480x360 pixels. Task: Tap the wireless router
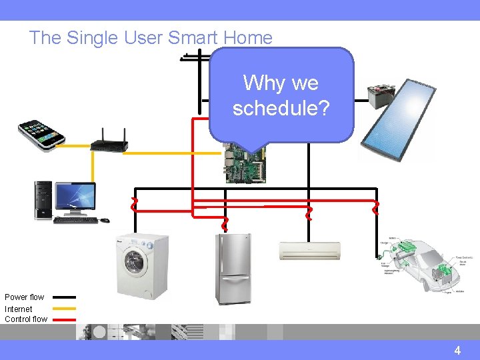pos(109,141)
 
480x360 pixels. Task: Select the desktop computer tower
pos(43,200)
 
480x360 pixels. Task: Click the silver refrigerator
pos(233,269)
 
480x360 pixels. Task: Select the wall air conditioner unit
pos(309,251)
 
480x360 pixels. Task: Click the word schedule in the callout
pos(281,107)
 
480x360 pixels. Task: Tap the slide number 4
pos(457,350)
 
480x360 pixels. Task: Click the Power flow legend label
pos(25,297)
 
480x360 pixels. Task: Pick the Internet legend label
pos(19,309)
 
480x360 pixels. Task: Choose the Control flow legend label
pos(26,319)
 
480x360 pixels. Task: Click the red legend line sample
pos(64,319)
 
